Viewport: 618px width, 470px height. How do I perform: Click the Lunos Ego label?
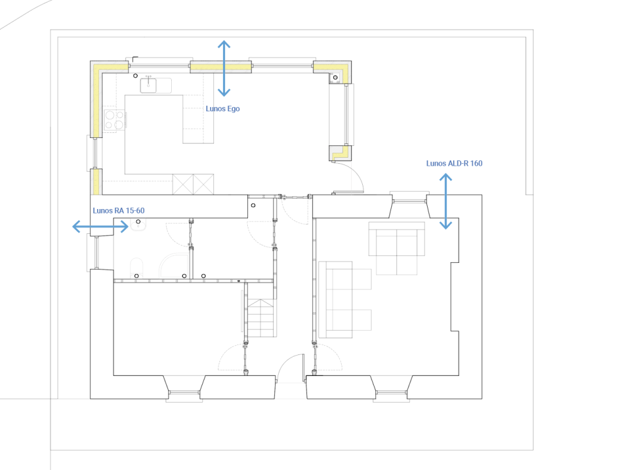coord(222,109)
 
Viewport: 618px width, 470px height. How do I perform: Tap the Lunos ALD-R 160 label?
coord(454,163)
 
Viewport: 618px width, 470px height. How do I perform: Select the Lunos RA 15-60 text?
coord(119,210)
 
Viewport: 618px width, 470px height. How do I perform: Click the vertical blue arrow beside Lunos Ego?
coord(224,68)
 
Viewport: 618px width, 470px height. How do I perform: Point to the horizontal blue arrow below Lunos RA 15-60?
coord(101,226)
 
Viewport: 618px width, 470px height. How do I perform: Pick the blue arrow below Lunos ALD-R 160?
coord(446,202)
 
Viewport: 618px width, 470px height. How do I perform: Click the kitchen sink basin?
coord(148,85)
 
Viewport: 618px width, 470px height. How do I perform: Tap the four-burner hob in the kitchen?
coord(114,120)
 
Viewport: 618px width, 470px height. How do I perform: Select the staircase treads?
coord(261,318)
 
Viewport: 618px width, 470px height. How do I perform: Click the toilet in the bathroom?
coord(137,267)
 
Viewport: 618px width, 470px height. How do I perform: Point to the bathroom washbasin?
coord(138,224)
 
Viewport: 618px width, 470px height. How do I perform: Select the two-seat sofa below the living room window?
coord(397,248)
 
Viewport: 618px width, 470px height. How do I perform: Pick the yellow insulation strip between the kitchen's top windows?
coord(221,67)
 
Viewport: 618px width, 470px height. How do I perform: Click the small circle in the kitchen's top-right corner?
coord(335,77)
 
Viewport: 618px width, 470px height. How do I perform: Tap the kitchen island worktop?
coord(198,119)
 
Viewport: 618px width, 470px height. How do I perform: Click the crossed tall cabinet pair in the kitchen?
coord(193,184)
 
